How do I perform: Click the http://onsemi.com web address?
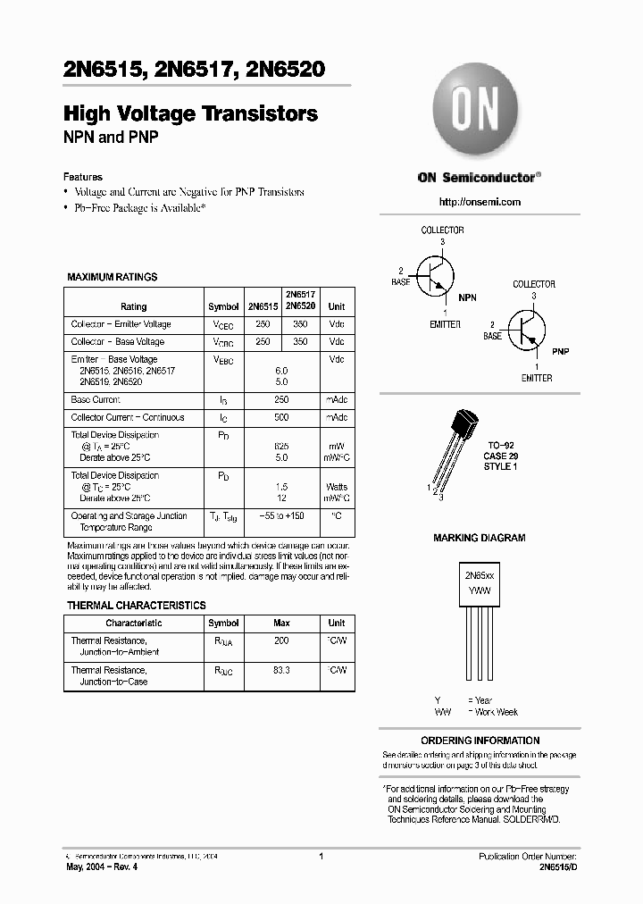pyautogui.click(x=480, y=202)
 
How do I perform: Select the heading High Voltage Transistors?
pyautogui.click(x=190, y=113)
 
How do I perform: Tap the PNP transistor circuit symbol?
pyautogui.click(x=528, y=330)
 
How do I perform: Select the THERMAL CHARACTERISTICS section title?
pyautogui.click(x=137, y=606)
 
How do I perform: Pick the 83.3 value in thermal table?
pyautogui.click(x=281, y=670)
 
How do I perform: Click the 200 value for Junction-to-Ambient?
pyautogui.click(x=281, y=640)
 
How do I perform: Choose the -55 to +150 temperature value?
pyautogui.click(x=281, y=516)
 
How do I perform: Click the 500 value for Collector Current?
pyautogui.click(x=281, y=417)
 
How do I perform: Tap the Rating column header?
pyautogui.click(x=134, y=306)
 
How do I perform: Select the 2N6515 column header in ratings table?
pyautogui.click(x=263, y=306)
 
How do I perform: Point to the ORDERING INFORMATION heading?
pyautogui.click(x=480, y=741)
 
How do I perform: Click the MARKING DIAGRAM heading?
pyautogui.click(x=480, y=539)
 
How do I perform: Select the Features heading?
pyautogui.click(x=83, y=177)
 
